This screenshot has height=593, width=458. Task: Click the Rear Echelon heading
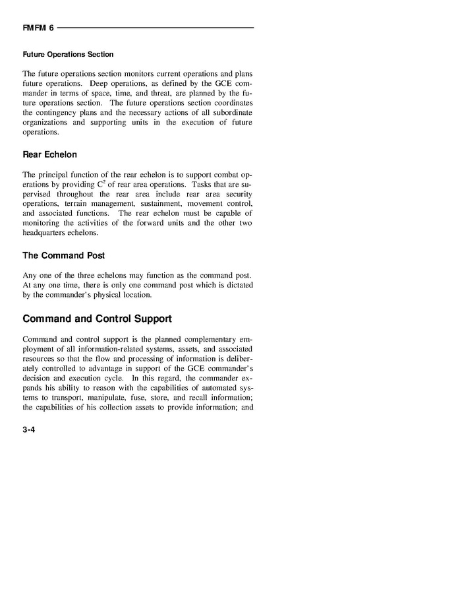point(49,154)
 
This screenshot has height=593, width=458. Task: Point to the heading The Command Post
point(63,255)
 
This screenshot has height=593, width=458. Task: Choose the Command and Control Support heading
point(97,319)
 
